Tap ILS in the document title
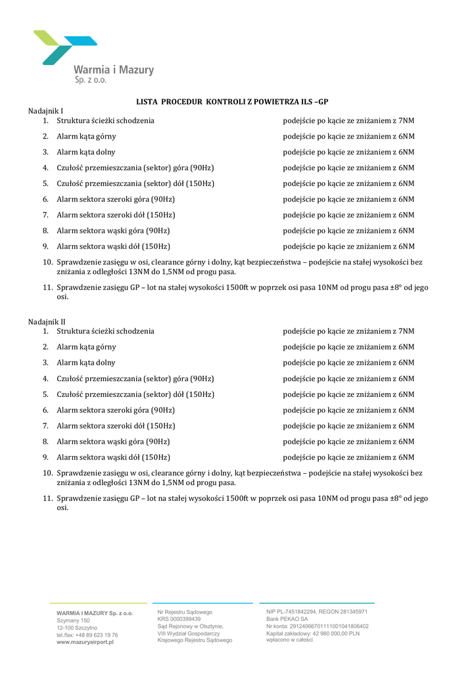coord(306,101)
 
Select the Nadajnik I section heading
coord(45,111)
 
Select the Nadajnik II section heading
coord(47,321)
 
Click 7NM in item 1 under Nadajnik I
coord(406,120)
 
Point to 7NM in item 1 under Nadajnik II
coord(406,331)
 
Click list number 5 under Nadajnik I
coord(46,183)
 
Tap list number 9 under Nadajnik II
coord(46,457)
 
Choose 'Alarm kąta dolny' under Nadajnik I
coord(85,152)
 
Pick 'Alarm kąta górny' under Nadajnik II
coord(86,347)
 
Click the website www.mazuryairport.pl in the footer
coord(85,642)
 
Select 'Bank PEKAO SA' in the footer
coord(287,618)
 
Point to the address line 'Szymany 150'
coord(73,620)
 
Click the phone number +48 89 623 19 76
coord(96,635)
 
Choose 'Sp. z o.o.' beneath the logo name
coord(90,80)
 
